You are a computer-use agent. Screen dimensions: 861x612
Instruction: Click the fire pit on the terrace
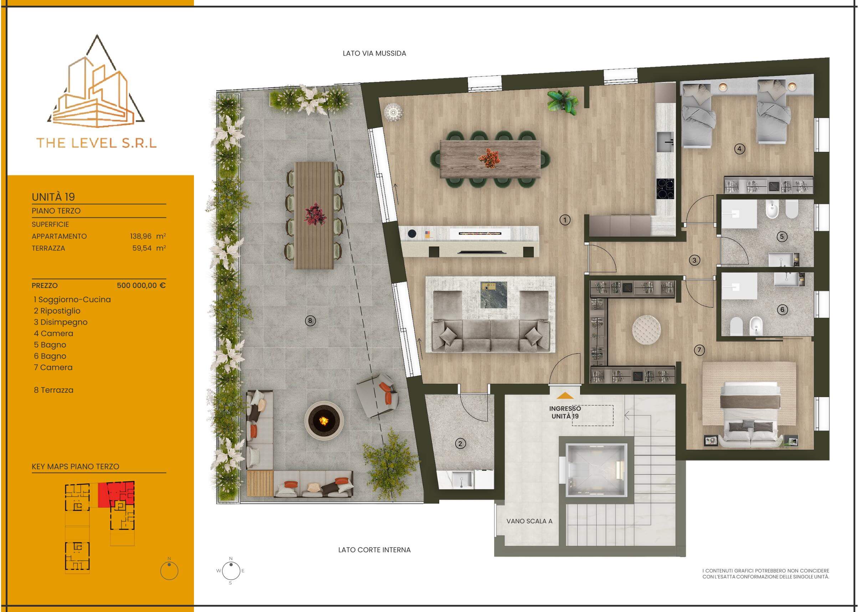pyautogui.click(x=324, y=420)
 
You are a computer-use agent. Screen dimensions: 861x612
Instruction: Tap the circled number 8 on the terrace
pyautogui.click(x=310, y=321)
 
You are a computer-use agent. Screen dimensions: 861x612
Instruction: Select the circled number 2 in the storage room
pyautogui.click(x=460, y=443)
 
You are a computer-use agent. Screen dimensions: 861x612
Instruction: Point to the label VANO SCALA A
pyautogui.click(x=529, y=521)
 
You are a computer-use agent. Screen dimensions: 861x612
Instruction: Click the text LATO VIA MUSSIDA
pyautogui.click(x=374, y=53)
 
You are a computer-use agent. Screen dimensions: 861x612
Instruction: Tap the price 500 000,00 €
pyautogui.click(x=141, y=285)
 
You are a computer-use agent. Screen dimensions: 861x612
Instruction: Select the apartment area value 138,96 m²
pyautogui.click(x=148, y=236)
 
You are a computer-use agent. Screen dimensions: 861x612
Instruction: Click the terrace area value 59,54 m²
pyautogui.click(x=149, y=248)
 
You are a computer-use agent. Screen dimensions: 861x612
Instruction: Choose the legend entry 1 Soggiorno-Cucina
pyautogui.click(x=72, y=300)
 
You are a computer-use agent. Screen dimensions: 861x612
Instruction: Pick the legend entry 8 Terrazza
pyautogui.click(x=53, y=390)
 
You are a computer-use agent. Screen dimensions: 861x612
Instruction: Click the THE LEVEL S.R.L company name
pyautogui.click(x=97, y=143)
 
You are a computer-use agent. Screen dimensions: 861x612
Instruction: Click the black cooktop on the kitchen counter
pyautogui.click(x=665, y=189)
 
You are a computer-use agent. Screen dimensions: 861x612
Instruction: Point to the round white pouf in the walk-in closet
pyautogui.click(x=646, y=330)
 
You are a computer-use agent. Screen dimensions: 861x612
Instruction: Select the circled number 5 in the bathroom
pyautogui.click(x=781, y=237)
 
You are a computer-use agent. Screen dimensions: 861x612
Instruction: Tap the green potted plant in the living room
pyautogui.click(x=563, y=101)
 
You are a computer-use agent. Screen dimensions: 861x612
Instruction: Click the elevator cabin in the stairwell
pyautogui.click(x=596, y=470)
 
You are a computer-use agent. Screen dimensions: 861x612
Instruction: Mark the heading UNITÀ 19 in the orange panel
pyautogui.click(x=53, y=197)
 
